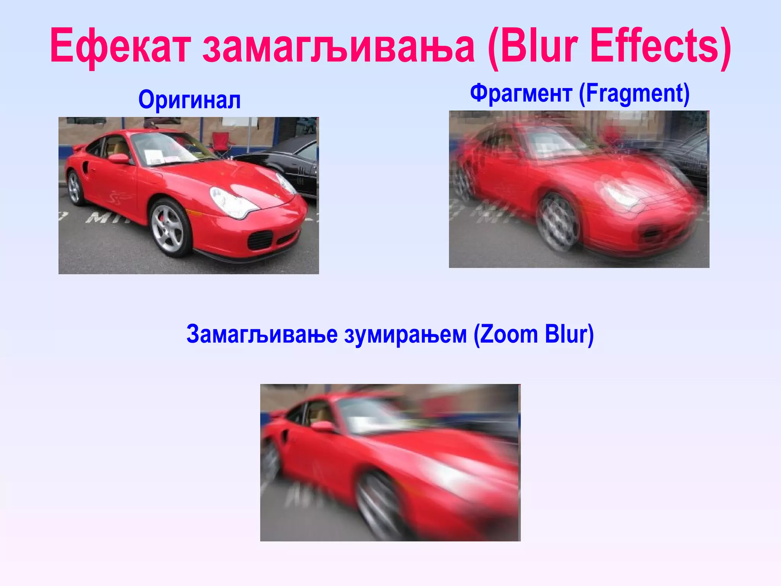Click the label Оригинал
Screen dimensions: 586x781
pos(190,100)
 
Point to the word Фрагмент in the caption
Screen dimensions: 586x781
pos(521,93)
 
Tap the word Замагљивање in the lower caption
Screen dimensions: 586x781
pos(262,334)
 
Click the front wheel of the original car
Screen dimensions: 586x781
pos(168,228)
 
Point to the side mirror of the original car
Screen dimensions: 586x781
pos(119,158)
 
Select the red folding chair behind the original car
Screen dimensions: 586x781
pos(221,143)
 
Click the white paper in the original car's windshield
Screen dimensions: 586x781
pos(154,156)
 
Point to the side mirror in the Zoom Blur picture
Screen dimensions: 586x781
pos(322,426)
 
